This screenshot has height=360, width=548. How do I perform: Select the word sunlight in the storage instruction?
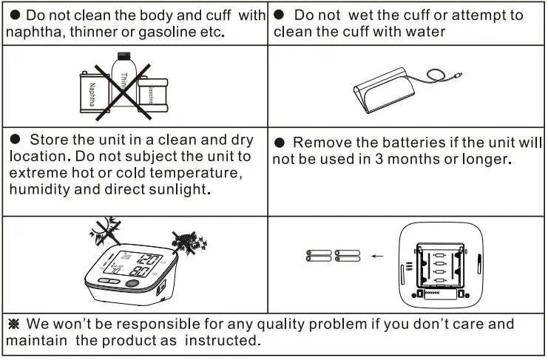coord(177,189)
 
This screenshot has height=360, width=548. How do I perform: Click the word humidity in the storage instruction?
coord(38,189)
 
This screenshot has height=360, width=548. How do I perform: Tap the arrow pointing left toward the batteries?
coord(378,257)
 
